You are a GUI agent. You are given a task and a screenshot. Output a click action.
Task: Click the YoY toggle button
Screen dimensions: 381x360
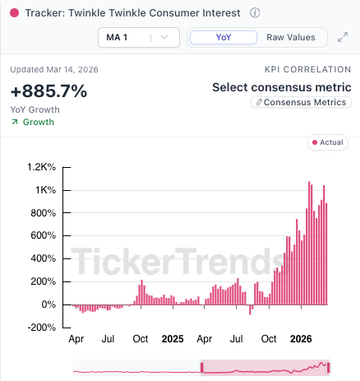pyautogui.click(x=223, y=37)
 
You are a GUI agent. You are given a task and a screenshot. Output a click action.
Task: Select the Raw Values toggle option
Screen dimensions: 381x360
pyautogui.click(x=290, y=37)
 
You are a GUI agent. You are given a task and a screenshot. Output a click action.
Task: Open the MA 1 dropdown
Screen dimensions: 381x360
pyautogui.click(x=138, y=37)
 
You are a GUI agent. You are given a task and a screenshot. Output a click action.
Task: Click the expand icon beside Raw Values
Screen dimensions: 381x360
pyautogui.click(x=343, y=37)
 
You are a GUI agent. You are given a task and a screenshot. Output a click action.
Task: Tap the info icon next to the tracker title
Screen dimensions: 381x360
pyautogui.click(x=255, y=13)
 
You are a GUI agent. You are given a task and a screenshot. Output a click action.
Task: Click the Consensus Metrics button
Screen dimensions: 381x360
pyautogui.click(x=301, y=103)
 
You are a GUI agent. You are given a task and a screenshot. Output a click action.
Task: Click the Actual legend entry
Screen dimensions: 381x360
pyautogui.click(x=326, y=142)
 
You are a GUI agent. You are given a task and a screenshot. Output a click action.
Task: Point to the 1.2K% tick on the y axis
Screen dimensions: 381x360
pyautogui.click(x=41, y=167)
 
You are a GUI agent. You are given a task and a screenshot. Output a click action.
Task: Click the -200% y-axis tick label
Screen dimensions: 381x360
pyautogui.click(x=39, y=328)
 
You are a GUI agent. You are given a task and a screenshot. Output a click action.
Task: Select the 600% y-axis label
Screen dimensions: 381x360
pyautogui.click(x=43, y=235)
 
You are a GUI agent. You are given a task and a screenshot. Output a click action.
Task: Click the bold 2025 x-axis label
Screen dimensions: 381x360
pyautogui.click(x=173, y=338)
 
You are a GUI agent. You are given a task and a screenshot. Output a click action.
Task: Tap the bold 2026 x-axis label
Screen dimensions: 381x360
pyautogui.click(x=301, y=338)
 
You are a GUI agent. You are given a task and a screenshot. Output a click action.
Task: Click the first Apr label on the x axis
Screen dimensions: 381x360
pyautogui.click(x=76, y=338)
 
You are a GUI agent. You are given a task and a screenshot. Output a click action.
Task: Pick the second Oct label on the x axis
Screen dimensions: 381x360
pyautogui.click(x=269, y=338)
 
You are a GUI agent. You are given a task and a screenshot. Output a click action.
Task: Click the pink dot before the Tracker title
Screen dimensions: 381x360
pyautogui.click(x=15, y=13)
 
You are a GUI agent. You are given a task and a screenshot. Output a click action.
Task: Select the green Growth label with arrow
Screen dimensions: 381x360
pyautogui.click(x=33, y=122)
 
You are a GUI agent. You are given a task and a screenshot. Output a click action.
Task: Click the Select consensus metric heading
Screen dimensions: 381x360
pyautogui.click(x=281, y=87)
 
